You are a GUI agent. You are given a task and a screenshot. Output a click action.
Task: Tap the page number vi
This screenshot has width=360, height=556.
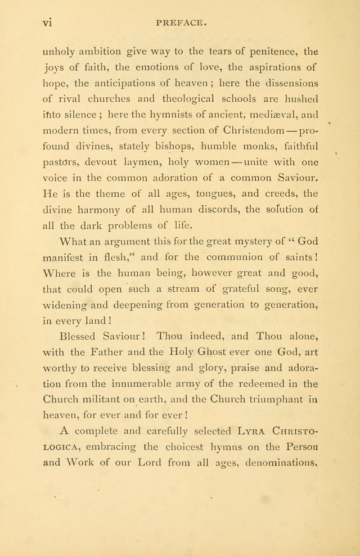pyautogui.click(x=47, y=24)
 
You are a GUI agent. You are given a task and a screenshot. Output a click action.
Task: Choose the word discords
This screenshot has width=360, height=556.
pyautogui.click(x=213, y=210)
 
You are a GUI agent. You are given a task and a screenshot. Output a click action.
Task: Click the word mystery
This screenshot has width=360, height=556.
pyautogui.click(x=244, y=242)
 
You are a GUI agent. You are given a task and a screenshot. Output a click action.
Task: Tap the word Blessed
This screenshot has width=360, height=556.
pyautogui.click(x=79, y=337)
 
